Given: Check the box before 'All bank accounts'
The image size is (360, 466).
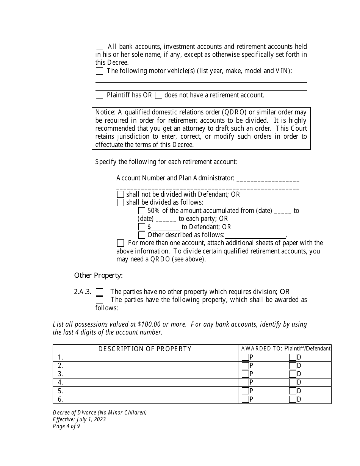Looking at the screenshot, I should [99, 47].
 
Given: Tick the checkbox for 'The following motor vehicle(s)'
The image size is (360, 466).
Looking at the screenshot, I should [99, 71].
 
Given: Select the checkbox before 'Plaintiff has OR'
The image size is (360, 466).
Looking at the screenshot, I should [99, 95].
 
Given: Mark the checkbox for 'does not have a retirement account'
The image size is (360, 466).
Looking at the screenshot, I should [159, 95].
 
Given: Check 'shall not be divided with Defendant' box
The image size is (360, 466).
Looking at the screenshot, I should [121, 194].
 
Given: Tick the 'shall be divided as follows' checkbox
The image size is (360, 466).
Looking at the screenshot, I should [121, 203].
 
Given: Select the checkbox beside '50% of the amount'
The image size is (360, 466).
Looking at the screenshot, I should [142, 211].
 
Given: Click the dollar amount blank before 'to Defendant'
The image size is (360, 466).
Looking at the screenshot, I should [166, 227].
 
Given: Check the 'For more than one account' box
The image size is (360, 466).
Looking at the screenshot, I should [121, 243].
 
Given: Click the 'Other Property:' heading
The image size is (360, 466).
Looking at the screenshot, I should [98, 275].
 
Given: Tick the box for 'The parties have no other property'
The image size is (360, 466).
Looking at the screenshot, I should [99, 292].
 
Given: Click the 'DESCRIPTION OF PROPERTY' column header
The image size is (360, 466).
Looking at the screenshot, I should [145, 349].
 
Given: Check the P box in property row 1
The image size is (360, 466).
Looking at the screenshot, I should [245, 357].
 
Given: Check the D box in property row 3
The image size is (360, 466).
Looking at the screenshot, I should [293, 374].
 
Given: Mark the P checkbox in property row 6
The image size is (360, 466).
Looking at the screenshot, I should [245, 399].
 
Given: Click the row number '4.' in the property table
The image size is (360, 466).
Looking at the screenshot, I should [60, 382].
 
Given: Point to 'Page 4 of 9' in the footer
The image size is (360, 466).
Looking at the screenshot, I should [66, 426].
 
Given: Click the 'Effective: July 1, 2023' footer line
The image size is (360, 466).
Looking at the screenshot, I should [79, 419].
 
